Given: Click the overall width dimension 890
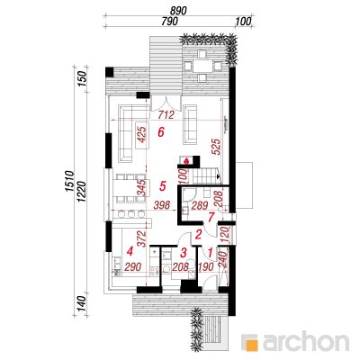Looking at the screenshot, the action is pyautogui.click(x=178, y=11).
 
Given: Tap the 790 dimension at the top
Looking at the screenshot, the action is pyautogui.click(x=170, y=22).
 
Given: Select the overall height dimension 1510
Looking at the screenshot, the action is pyautogui.click(x=69, y=181).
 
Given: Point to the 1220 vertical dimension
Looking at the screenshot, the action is pyautogui.click(x=82, y=192).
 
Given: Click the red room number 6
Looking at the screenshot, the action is pyautogui.click(x=161, y=132).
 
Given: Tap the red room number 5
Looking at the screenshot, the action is pyautogui.click(x=162, y=186).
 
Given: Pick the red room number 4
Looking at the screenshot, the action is pyautogui.click(x=130, y=251).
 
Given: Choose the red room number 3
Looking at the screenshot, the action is pyautogui.click(x=184, y=252).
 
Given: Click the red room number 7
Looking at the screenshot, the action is pyautogui.click(x=211, y=217).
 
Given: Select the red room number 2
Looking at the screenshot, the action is pyautogui.click(x=198, y=234).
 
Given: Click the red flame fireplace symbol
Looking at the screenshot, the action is pyautogui.click(x=186, y=161).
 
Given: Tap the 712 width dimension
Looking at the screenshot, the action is pyautogui.click(x=166, y=114).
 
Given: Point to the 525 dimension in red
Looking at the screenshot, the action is pyautogui.click(x=216, y=147).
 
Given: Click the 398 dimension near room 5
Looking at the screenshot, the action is pyautogui.click(x=162, y=205).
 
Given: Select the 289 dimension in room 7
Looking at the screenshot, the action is pyautogui.click(x=200, y=206).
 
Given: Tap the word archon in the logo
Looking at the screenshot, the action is pyautogui.click(x=306, y=341).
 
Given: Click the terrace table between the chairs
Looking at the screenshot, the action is pyautogui.click(x=202, y=66).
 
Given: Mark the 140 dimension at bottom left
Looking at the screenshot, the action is pyautogui.click(x=82, y=303).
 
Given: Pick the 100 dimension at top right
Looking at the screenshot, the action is pyautogui.click(x=243, y=22).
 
